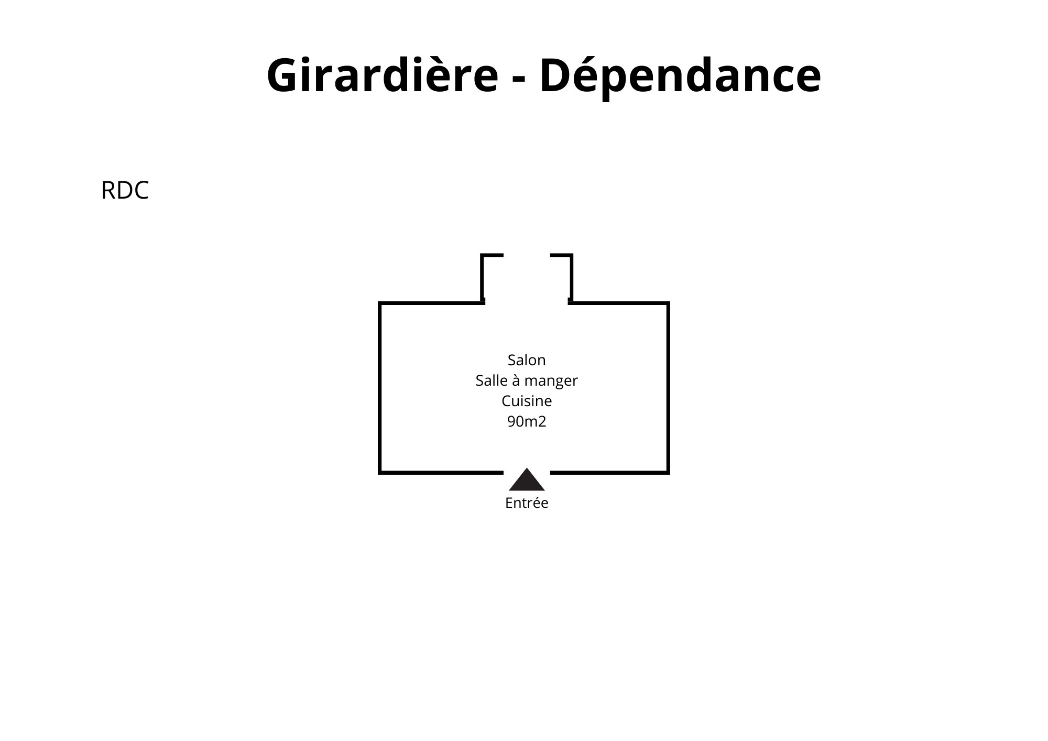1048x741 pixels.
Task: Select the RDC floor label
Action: pyautogui.click(x=125, y=190)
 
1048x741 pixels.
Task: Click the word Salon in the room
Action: pyautogui.click(x=527, y=360)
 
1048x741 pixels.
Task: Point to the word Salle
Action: pyautogui.click(x=491, y=380)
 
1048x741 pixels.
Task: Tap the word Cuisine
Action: pyautogui.click(x=527, y=401)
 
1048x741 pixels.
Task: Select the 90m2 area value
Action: pyautogui.click(x=527, y=421)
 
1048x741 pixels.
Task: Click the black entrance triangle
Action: pyautogui.click(x=527, y=481)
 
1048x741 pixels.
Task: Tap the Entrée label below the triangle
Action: pyautogui.click(x=527, y=503)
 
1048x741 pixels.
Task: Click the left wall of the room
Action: pyautogui.click(x=380, y=388)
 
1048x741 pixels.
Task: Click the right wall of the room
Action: pyautogui.click(x=668, y=388)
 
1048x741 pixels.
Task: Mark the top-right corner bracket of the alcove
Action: pyautogui.click(x=570, y=256)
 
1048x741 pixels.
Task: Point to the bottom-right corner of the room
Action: pyautogui.click(x=668, y=472)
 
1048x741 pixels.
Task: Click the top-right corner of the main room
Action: pyautogui.click(x=668, y=303)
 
